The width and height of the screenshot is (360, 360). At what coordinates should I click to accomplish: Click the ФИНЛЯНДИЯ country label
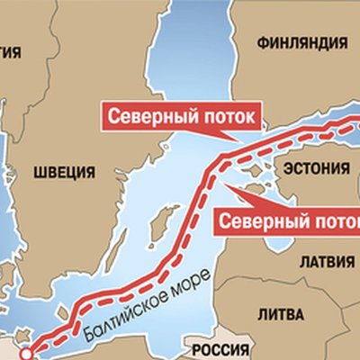(301, 42)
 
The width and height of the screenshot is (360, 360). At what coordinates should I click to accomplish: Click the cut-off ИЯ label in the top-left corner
(10, 52)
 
